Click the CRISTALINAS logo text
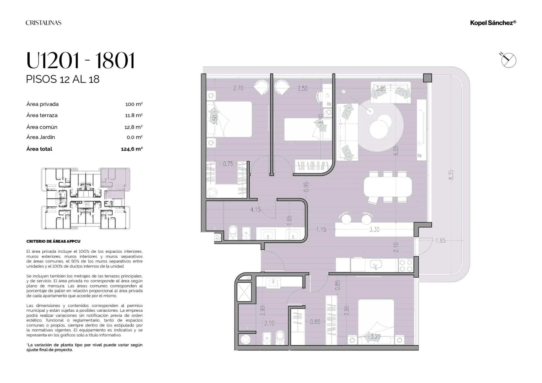(43, 23)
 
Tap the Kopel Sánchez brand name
(493, 23)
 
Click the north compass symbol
(508, 60)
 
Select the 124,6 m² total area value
(132, 149)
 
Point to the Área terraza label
(42, 115)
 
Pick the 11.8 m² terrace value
(134, 115)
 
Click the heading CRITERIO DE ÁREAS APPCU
(53, 241)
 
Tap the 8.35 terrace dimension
(451, 175)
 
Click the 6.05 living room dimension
(396, 150)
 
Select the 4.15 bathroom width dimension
(255, 210)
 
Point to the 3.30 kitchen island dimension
(374, 230)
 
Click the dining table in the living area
(388, 187)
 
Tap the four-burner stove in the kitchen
(406, 266)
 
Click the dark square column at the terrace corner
(428, 78)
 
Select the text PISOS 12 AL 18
(63, 79)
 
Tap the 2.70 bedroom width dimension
(238, 88)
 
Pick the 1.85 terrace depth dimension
(440, 241)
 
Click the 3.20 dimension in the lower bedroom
(375, 337)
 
